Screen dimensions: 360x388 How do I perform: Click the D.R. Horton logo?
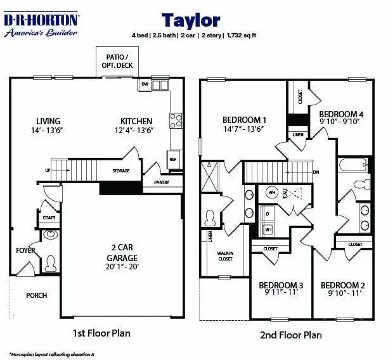(41, 25)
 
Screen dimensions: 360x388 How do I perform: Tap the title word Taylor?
(190, 21)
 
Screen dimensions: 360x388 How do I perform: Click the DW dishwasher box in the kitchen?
(145, 84)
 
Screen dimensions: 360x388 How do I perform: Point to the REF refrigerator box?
(172, 160)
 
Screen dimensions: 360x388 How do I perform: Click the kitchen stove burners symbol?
(176, 120)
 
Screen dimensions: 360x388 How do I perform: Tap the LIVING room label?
(48, 121)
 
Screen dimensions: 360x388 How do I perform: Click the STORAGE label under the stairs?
(121, 170)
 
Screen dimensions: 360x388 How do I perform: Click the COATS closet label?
(49, 217)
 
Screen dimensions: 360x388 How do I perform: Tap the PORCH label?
(36, 295)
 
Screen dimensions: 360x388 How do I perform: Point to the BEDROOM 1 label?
(244, 120)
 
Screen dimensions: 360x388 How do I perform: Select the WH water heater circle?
(272, 192)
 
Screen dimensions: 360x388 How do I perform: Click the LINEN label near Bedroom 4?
(297, 134)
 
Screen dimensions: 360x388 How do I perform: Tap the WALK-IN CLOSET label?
(225, 255)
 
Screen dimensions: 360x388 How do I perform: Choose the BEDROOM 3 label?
(281, 285)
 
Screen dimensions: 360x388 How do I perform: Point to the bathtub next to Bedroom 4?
(353, 166)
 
